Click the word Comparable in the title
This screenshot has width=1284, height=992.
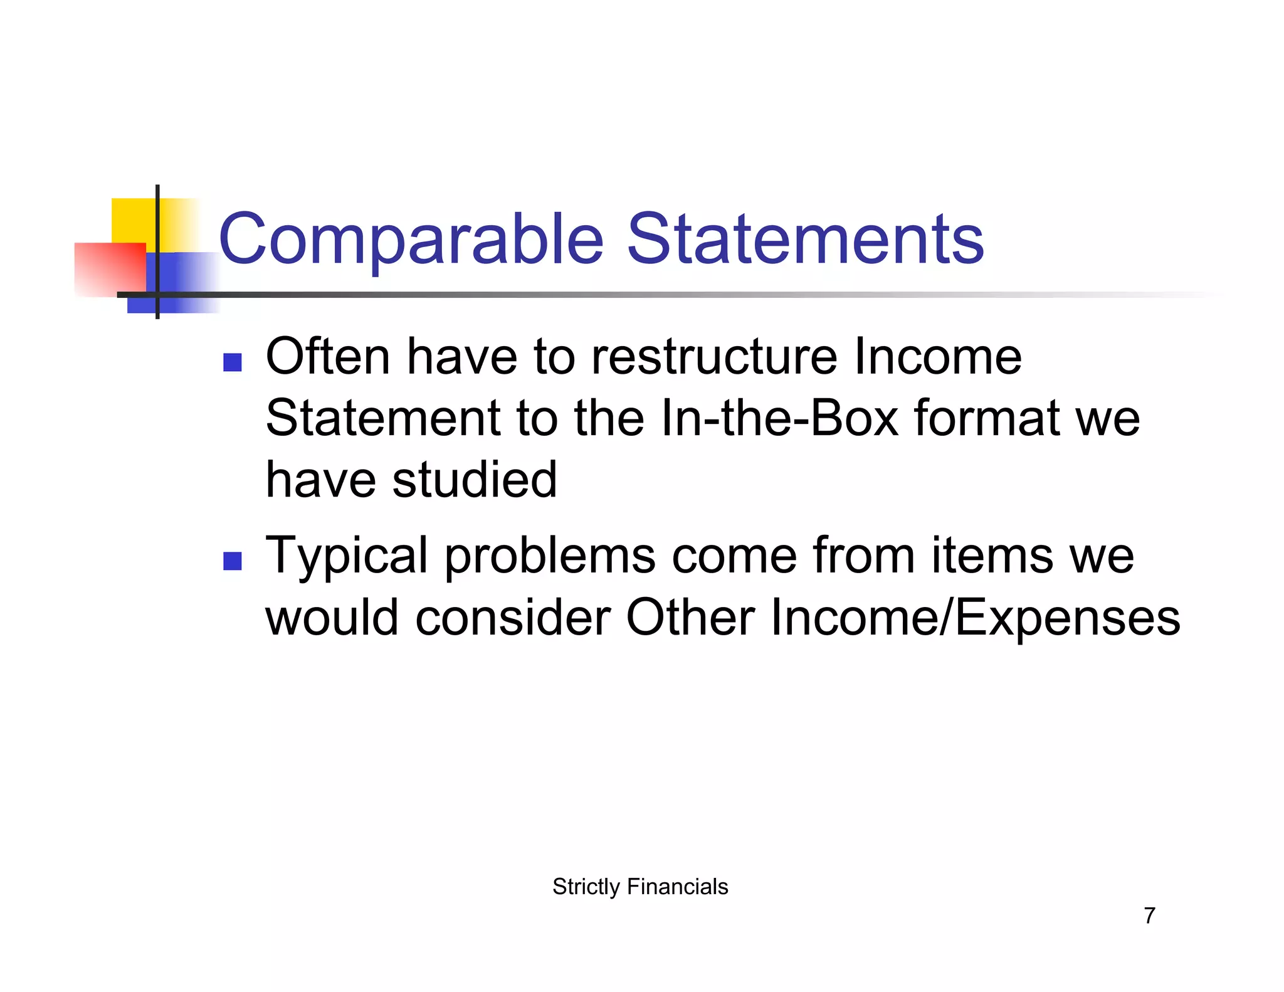(x=411, y=240)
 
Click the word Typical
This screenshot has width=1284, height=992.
(x=347, y=556)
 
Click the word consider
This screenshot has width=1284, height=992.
(x=513, y=618)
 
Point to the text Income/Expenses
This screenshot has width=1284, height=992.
(x=975, y=618)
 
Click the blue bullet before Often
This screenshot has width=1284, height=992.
(x=233, y=362)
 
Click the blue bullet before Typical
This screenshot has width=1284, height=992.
(x=233, y=561)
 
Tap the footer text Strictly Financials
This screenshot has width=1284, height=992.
(x=640, y=887)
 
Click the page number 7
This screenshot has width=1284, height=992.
(x=1149, y=915)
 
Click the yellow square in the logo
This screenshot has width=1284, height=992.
(x=132, y=219)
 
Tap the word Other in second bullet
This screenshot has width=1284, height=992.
(x=690, y=618)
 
